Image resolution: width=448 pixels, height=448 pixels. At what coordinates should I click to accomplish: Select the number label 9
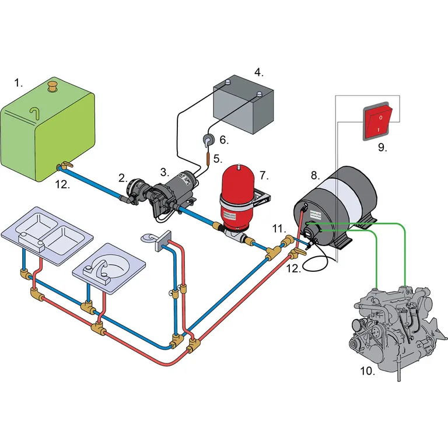pyautogui.click(x=382, y=148)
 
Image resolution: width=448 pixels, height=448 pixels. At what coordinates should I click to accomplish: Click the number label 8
pyautogui.click(x=315, y=174)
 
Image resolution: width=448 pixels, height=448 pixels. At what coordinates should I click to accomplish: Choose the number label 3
pyautogui.click(x=165, y=172)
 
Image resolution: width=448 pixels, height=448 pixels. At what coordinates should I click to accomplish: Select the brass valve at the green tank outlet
pyautogui.click(x=64, y=167)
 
